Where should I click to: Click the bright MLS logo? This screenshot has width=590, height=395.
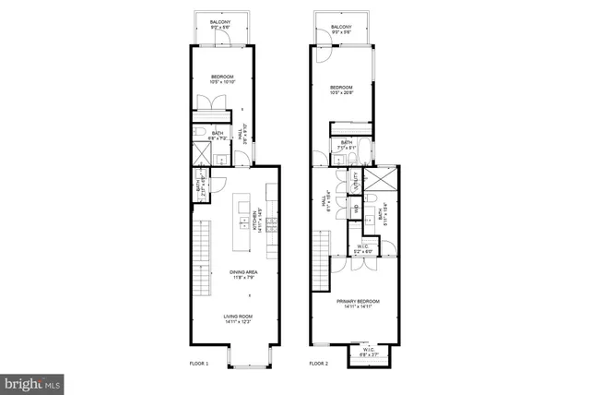[31, 380]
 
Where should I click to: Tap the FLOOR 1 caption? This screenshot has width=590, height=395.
[199, 364]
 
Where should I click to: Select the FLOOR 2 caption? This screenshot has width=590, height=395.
[319, 364]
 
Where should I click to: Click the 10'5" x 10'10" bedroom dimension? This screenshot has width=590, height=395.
[223, 82]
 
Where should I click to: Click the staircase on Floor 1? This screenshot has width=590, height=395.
[200, 259]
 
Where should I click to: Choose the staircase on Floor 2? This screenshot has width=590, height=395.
[320, 259]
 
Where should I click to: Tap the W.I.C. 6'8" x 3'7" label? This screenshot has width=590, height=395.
[368, 351]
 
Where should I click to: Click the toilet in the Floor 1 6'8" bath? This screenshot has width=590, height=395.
[201, 135]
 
